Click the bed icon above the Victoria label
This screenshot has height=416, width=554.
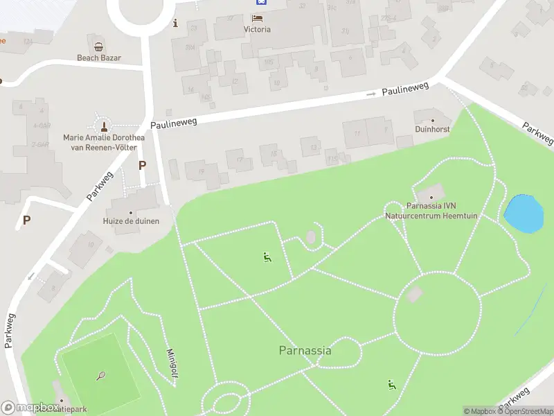pos(258,18)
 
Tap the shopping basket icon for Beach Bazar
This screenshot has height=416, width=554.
pos(99,47)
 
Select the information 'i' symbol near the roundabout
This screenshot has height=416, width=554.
pos(175,23)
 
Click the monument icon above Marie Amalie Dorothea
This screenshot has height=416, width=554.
pos(104,126)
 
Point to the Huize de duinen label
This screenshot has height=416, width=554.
pos(132,221)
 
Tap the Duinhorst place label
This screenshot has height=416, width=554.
pos(433,129)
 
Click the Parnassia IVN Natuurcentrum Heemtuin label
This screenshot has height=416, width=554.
pos(433,211)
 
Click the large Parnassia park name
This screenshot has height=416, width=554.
pos(305,350)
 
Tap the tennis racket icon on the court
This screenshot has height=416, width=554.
pos(101,376)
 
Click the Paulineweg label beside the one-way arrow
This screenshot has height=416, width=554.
pos(406,88)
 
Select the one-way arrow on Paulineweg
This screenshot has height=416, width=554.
pos(371,92)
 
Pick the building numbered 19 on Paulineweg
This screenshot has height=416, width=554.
pos(201,171)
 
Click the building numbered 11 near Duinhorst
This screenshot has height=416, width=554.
pos(357,133)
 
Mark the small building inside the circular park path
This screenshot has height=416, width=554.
pos(414,294)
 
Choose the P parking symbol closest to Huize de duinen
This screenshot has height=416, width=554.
pos(143,165)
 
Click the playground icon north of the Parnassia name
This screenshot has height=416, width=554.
pos(267,258)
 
